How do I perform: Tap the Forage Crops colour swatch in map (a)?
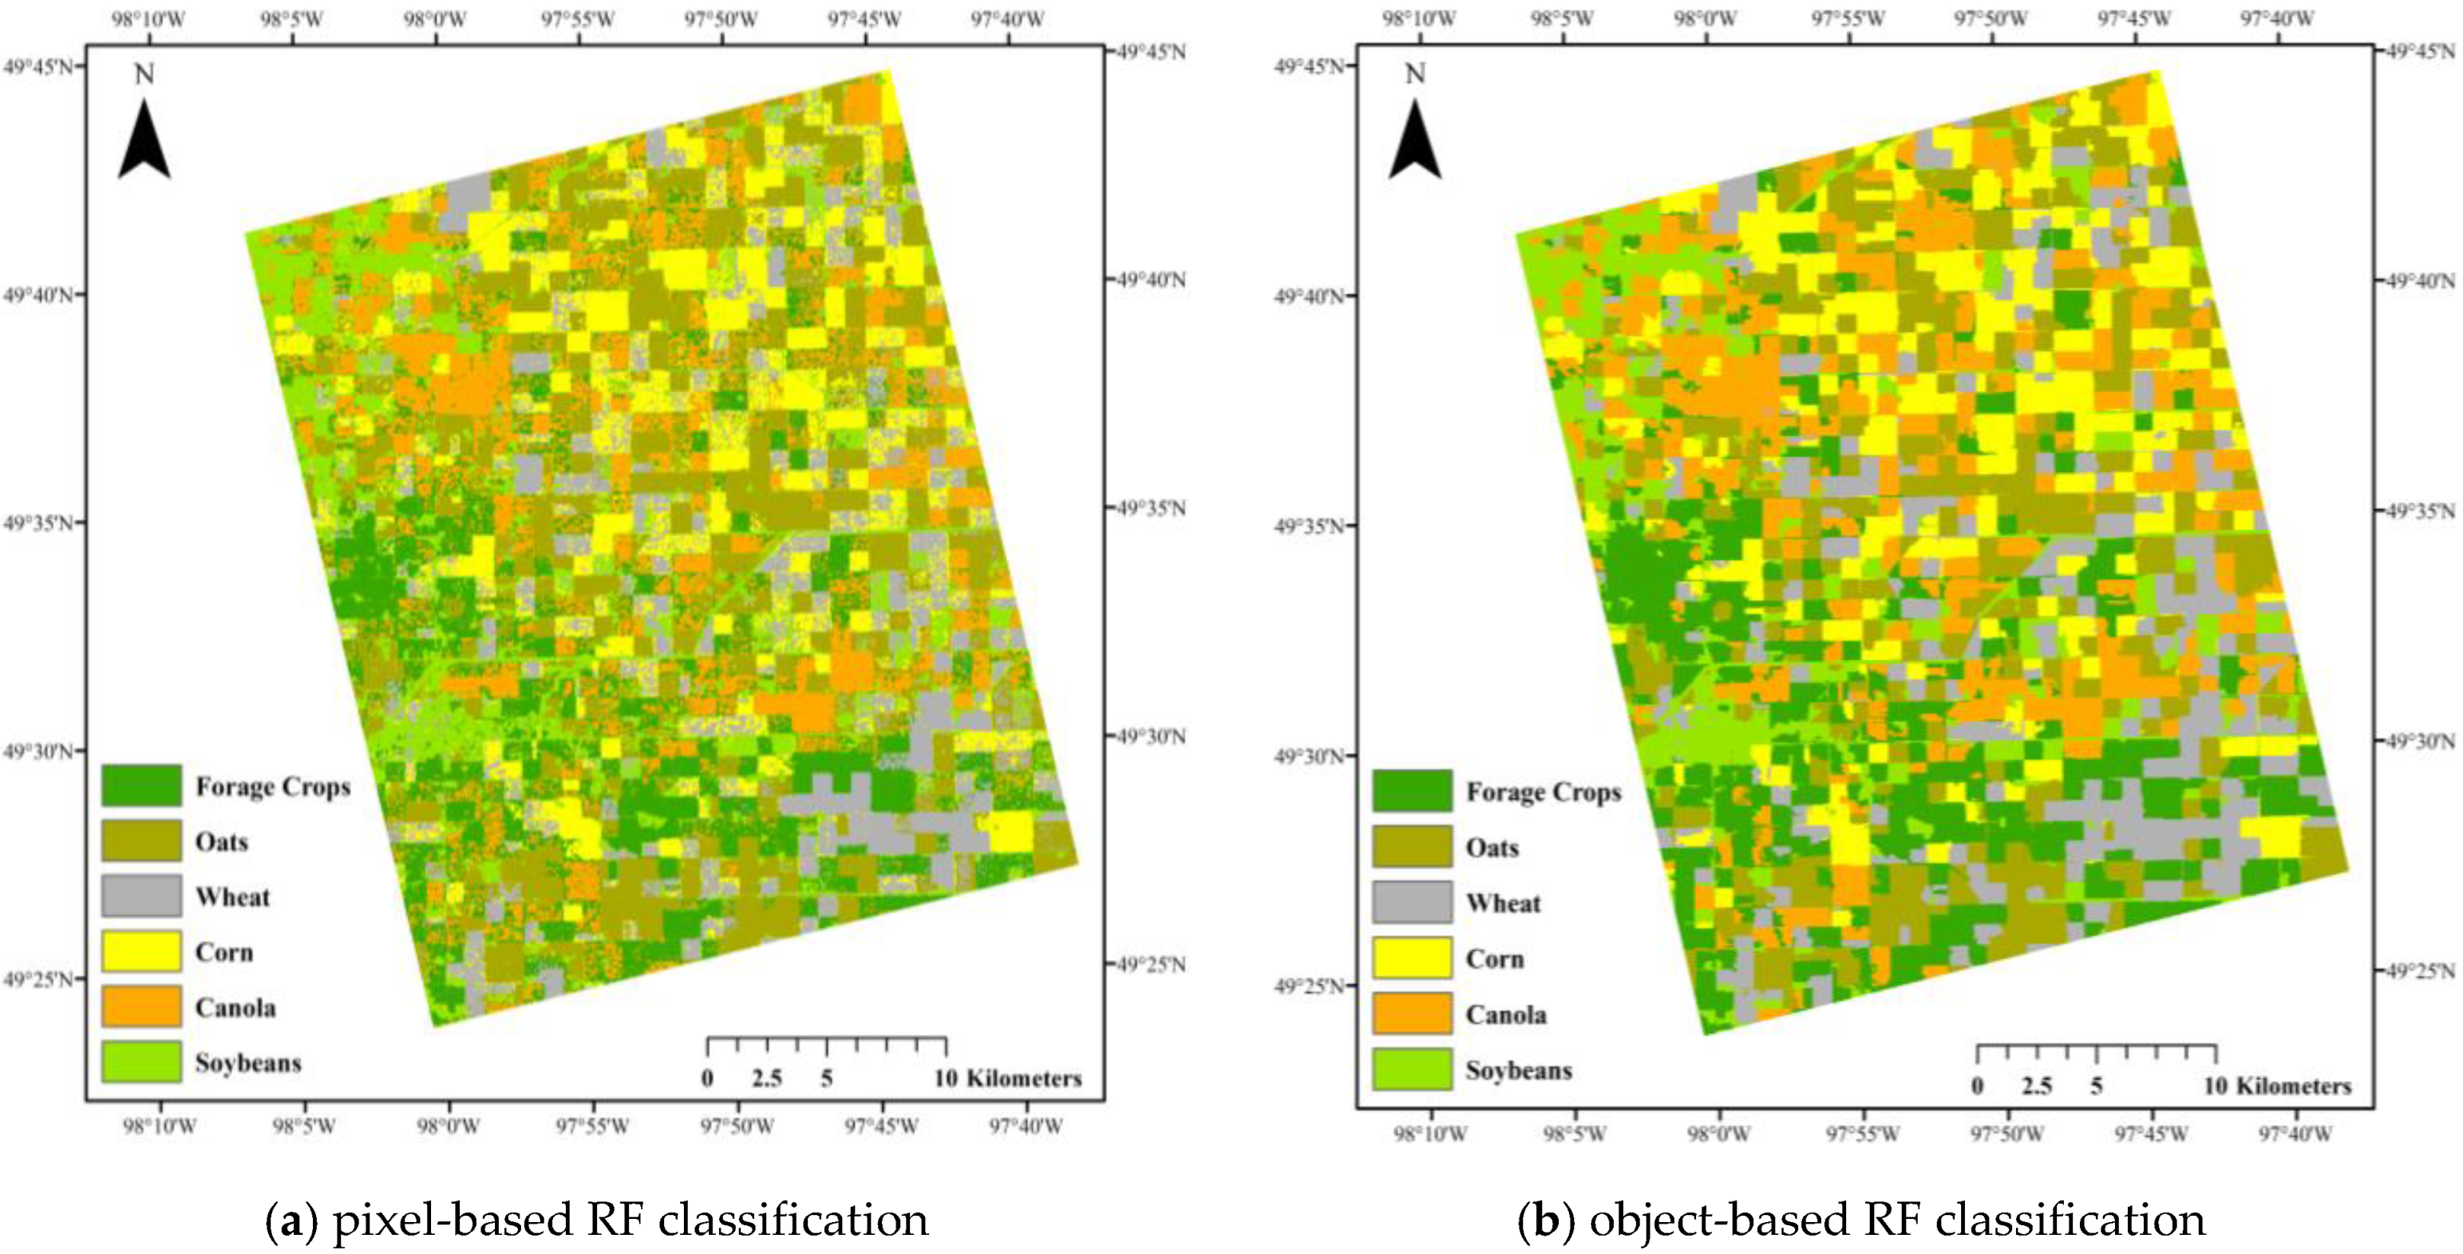pos(141,786)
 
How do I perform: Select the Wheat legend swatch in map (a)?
pos(141,897)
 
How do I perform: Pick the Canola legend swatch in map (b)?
pos(1412,1014)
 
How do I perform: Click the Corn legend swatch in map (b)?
pos(1412,959)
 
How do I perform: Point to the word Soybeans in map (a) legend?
pos(248,1063)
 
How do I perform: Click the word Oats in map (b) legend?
pos(1492,848)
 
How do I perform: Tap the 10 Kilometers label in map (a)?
pos(1008,1079)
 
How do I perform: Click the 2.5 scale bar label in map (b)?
pos(2037,1086)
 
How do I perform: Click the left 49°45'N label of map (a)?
pos(38,66)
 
